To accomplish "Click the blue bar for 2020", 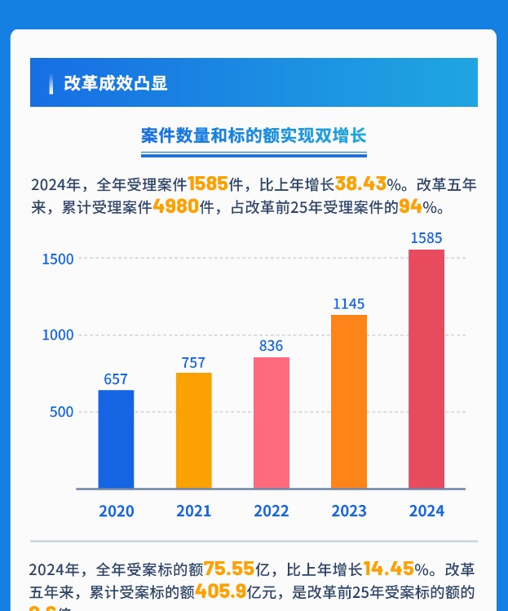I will [x=116, y=439].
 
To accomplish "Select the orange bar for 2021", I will [x=193, y=430].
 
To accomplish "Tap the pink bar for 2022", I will [x=271, y=423].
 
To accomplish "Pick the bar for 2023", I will [x=348, y=401].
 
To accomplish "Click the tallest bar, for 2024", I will [x=426, y=369].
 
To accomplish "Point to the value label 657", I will [x=116, y=379].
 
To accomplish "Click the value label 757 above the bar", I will [x=193, y=362].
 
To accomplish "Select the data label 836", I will [x=271, y=346].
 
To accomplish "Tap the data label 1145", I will [x=348, y=304].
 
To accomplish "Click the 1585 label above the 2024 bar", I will [x=426, y=239].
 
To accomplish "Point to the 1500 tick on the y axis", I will [x=58, y=259].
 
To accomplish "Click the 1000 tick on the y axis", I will [x=58, y=335].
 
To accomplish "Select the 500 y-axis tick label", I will [x=62, y=412].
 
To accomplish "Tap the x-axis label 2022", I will [x=271, y=511].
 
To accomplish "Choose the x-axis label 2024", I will [x=426, y=511].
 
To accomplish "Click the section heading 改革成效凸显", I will [x=115, y=83].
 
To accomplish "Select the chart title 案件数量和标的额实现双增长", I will [x=254, y=136].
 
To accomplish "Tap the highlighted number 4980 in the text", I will [x=175, y=206].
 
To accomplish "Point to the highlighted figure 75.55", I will [x=229, y=569].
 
